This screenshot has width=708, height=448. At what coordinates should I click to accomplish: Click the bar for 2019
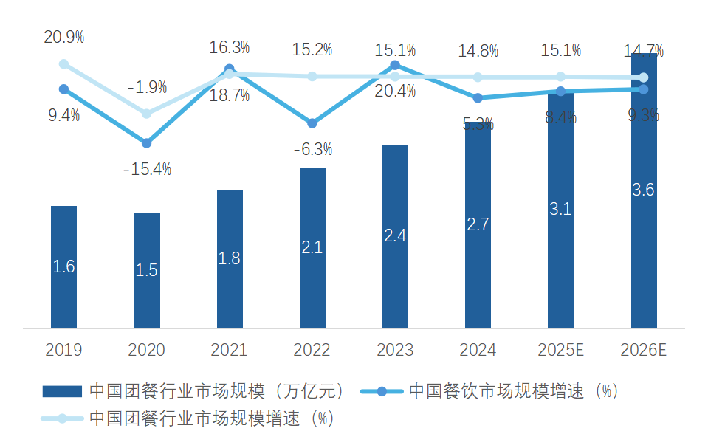(63, 266)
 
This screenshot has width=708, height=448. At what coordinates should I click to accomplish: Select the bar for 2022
(312, 247)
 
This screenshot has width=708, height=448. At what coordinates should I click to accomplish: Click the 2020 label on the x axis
(146, 350)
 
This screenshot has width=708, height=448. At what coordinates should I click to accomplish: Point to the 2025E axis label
(561, 350)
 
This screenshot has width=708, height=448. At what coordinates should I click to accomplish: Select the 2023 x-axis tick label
(395, 350)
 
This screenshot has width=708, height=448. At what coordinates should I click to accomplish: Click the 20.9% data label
(64, 36)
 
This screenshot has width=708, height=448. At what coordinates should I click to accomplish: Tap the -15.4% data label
(147, 169)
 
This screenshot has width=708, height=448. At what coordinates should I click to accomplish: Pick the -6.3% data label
(312, 149)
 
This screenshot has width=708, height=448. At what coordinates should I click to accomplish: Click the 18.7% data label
(230, 95)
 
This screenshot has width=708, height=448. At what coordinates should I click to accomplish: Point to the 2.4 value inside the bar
(395, 235)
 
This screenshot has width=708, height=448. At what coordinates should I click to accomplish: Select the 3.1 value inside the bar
(561, 209)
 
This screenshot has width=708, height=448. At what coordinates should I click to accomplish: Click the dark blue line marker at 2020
(146, 142)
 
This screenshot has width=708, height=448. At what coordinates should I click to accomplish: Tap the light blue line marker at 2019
(63, 64)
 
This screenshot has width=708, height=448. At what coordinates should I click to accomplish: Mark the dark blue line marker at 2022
(312, 123)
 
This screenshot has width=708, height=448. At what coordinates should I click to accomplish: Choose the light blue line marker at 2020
(146, 114)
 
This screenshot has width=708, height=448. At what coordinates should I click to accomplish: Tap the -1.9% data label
(147, 87)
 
